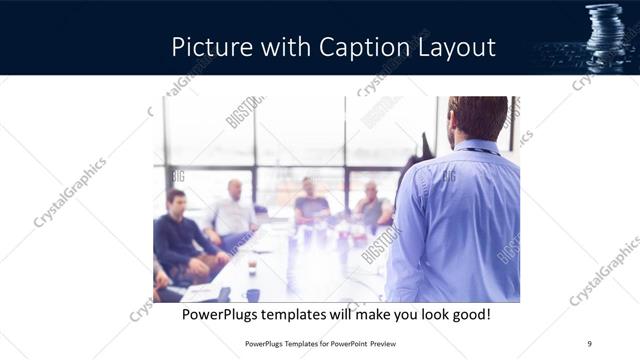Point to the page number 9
tap(589, 344)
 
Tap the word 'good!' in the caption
tap(470, 315)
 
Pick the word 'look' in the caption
tap(424, 315)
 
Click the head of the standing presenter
tap(478, 119)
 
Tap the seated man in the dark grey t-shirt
tap(311, 203)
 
